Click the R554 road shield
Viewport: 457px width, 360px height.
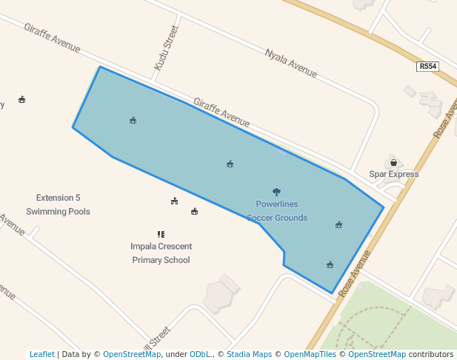point(428,67)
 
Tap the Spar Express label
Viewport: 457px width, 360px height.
point(394,174)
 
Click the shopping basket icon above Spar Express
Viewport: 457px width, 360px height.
point(393,162)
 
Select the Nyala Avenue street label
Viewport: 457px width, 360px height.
point(291,63)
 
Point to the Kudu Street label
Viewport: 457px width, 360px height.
point(167,49)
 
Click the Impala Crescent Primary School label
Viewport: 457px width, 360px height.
point(161,253)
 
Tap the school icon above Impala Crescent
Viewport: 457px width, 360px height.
point(161,234)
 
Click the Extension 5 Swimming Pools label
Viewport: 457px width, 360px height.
point(58,204)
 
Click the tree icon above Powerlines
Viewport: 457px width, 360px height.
point(277,192)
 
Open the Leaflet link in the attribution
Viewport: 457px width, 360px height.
point(41,354)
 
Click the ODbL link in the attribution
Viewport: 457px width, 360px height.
point(200,354)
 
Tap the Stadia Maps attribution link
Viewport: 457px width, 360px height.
point(249,354)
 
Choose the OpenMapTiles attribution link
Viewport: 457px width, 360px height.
point(310,354)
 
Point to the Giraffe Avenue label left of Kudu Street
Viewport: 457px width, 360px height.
point(52,38)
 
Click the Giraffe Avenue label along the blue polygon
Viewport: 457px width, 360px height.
point(221,112)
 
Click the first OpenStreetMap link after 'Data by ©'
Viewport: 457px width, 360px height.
point(131,354)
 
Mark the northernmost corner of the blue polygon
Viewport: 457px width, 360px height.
point(100,67)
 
